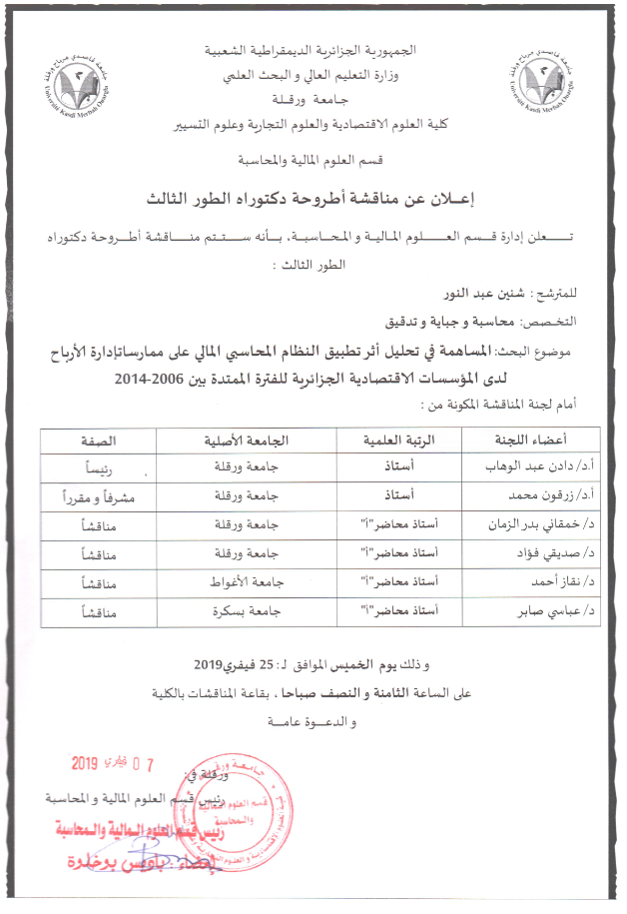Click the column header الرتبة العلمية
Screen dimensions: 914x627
tap(384, 440)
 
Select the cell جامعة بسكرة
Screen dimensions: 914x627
tap(245, 609)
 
